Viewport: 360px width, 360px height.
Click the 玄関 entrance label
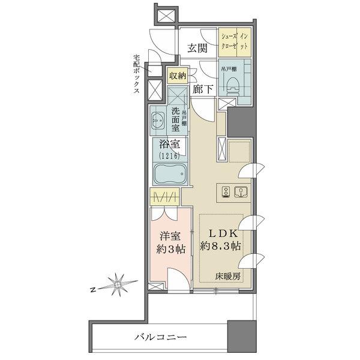(197, 49)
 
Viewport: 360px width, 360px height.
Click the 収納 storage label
(178, 76)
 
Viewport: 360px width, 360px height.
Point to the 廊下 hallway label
(204, 91)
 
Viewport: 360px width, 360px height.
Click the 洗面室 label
(176, 119)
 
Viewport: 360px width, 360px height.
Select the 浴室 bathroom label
(171, 144)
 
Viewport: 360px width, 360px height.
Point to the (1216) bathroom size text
(170, 157)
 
